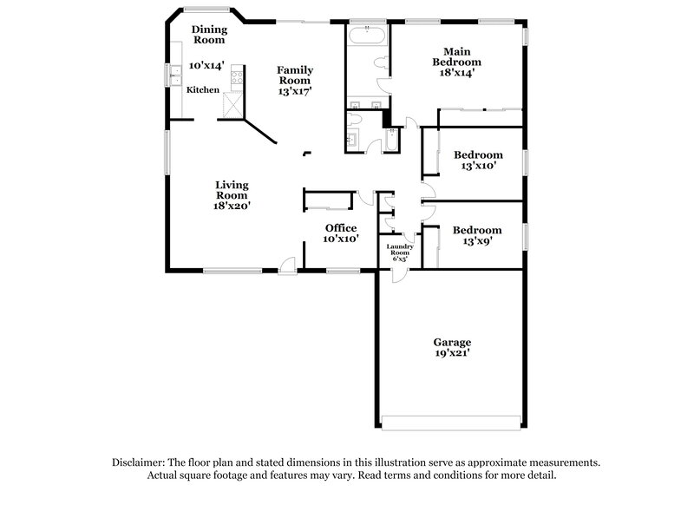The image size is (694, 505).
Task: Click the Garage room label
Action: (x=452, y=341)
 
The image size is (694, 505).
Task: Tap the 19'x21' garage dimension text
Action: (x=452, y=354)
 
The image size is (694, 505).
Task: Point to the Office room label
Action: (x=341, y=227)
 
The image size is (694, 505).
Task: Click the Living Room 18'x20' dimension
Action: (x=232, y=206)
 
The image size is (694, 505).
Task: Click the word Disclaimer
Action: (x=138, y=462)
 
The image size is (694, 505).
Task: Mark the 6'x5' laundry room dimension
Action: (x=400, y=259)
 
